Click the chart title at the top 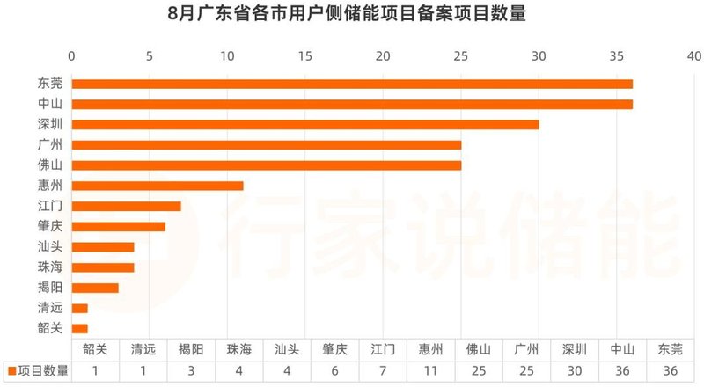pos(352,16)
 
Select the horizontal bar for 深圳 pos(304,124)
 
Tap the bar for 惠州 pos(157,186)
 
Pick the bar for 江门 pos(126,206)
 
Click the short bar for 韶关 pos(79,328)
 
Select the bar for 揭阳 pos(94,288)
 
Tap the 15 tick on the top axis pos(305,56)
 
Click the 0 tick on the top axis pos(71,56)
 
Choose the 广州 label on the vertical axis pos(50,144)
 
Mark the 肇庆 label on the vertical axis pos(50,226)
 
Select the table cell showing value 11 pos(430,371)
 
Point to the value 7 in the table pos(383,371)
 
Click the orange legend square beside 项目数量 pos(11,371)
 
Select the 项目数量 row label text pos(42,371)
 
